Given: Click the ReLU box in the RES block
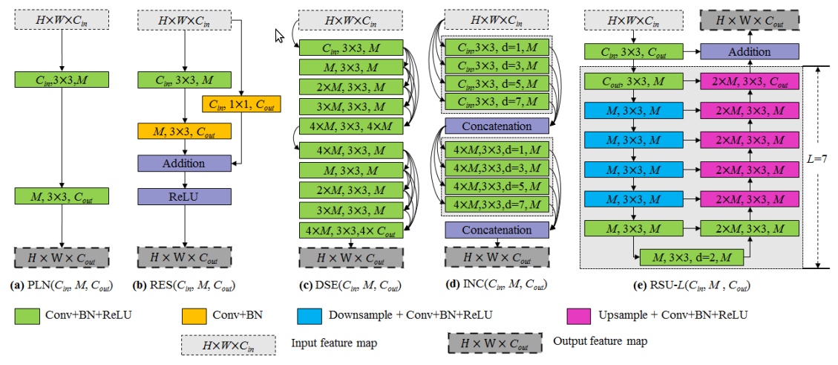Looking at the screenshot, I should point(184,196).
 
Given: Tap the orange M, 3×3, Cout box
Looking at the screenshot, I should point(184,132).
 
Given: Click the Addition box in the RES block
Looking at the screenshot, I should point(184,163).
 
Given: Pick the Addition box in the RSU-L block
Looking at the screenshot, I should point(749,52).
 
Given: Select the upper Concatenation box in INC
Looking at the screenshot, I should point(497,126).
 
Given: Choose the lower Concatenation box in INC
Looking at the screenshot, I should point(497,230).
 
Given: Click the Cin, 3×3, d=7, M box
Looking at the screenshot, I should point(497,100).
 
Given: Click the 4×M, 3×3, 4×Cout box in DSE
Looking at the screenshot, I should point(351,230).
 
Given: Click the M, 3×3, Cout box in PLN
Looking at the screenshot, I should point(62,196).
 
